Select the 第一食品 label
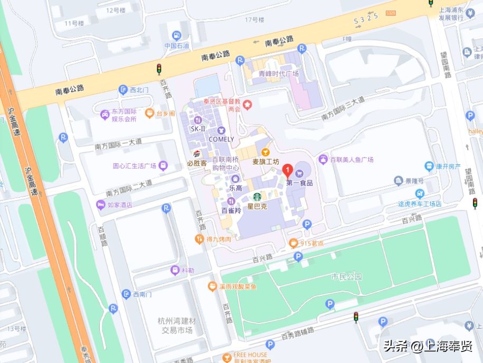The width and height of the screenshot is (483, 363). pos(300,183)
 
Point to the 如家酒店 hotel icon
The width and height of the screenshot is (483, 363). pos(100,205)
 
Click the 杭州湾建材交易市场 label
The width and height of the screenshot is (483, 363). pos(176,325)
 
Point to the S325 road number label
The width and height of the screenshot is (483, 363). pos(366,18)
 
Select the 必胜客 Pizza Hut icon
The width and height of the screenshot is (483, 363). pos(196,154)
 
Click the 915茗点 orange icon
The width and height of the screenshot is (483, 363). pos(293,243)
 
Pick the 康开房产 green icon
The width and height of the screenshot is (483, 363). pos(429,165)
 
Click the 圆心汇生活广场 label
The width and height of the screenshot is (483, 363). pos(135,166)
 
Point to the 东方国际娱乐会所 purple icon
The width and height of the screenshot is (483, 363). pos(105,114)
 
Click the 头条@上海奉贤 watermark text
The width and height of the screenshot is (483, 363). pos(428,346)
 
